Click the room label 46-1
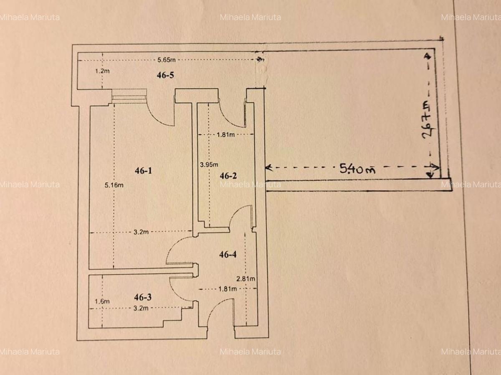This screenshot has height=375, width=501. [x=143, y=170]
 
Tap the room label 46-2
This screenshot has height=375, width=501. [x=228, y=176]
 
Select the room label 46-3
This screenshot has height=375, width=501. [x=143, y=297]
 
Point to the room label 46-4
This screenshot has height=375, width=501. [x=228, y=254]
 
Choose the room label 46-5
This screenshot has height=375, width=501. [x=165, y=75]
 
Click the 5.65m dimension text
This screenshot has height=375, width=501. [x=166, y=60]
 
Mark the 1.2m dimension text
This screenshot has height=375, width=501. [x=102, y=71]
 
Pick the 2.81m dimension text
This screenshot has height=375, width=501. [x=246, y=278]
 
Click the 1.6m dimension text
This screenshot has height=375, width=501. [x=102, y=301]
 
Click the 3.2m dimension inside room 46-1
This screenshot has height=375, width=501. [x=142, y=232]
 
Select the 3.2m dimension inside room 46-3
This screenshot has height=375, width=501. [x=142, y=308]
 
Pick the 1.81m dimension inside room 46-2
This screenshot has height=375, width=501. [x=226, y=135]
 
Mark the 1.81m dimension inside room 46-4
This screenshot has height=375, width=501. [x=228, y=288]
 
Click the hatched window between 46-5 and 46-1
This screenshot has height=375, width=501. [x=129, y=97]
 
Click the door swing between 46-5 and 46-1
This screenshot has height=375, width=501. [x=162, y=112]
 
